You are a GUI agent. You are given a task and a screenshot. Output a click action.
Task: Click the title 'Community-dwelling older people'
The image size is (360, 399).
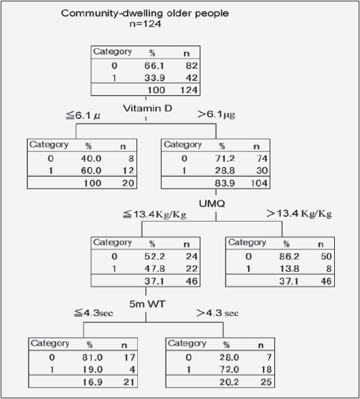point(145,13)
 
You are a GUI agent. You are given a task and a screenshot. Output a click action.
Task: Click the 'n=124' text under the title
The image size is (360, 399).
point(145,24)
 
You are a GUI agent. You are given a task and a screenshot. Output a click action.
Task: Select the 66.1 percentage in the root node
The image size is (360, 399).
point(154,66)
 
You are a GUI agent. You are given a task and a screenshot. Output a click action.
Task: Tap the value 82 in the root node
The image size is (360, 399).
point(192,66)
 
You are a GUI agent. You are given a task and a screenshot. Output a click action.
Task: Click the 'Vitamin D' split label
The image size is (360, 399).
point(147,108)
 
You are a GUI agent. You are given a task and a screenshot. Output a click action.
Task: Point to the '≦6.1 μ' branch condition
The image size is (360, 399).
point(83,116)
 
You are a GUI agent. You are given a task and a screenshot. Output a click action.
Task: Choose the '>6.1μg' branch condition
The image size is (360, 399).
point(217,114)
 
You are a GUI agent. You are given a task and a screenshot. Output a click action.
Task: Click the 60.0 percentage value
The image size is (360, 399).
point(91,171)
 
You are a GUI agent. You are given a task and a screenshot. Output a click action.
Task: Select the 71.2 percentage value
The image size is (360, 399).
point(225,158)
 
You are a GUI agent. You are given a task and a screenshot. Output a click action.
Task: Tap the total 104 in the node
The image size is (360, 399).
point(259,183)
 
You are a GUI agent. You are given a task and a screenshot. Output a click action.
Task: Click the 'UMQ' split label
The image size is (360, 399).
point(212,203)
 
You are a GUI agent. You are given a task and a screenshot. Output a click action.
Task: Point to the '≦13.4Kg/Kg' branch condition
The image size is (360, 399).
point(155,214)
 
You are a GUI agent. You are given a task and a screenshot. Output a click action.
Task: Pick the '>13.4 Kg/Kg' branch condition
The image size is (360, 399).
point(300,213)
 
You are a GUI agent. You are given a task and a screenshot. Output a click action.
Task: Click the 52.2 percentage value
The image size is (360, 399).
point(155,256)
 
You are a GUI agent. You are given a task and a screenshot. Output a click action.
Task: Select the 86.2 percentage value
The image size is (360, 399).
point(289,256)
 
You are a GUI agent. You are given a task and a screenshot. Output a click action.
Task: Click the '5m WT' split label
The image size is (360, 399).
point(147,304)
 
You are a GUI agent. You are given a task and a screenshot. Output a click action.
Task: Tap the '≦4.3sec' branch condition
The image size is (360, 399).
point(94,313)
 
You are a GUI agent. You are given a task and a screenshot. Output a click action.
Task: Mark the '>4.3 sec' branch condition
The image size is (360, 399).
point(217,313)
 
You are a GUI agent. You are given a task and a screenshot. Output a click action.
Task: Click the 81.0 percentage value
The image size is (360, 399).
point(92,358)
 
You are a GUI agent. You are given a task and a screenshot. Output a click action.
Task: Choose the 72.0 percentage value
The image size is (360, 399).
point(229,369)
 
